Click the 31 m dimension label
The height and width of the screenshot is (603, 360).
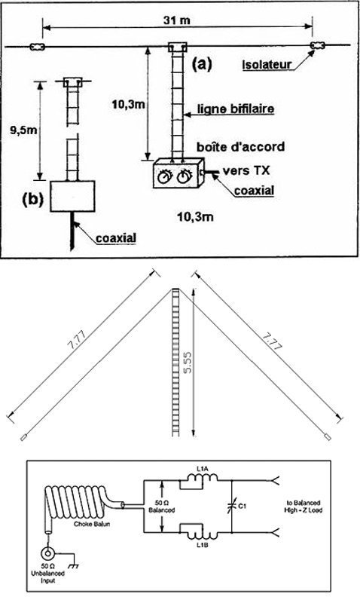176,20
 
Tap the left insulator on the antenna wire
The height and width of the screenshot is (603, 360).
37,47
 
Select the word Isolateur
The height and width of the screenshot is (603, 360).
267,64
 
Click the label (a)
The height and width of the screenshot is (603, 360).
202,64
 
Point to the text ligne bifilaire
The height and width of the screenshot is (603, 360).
236,109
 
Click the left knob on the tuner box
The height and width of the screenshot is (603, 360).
165,176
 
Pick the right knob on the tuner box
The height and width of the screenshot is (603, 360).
184,176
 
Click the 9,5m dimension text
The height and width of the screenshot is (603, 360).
23,130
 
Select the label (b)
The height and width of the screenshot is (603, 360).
33,200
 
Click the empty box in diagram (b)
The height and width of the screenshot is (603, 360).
72,196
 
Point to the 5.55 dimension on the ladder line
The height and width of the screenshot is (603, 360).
188,362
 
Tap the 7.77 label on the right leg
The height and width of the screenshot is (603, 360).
272,341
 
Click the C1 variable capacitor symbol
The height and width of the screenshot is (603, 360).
231,507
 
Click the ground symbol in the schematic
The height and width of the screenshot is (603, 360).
72,566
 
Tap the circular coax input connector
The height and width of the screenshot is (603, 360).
47,554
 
